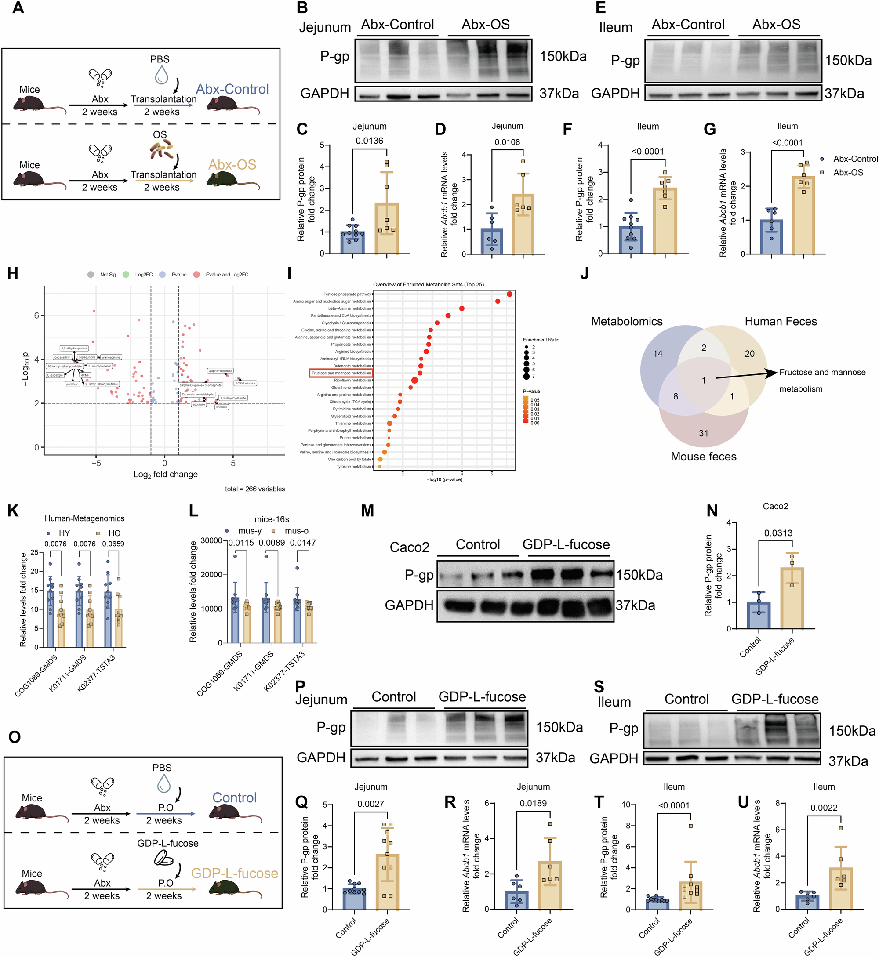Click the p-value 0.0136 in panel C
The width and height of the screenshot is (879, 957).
coord(369,141)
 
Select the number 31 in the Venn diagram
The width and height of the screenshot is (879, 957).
coord(704,433)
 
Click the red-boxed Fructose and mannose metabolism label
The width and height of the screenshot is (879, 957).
coord(341,373)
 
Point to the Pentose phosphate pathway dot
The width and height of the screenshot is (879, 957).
coord(509,294)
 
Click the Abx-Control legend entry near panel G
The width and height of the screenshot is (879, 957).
coord(855,159)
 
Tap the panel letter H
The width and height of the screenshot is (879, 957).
coord(13,274)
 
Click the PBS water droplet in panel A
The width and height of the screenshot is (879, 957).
coord(161,75)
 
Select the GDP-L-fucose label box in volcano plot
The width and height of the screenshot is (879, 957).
coord(245,383)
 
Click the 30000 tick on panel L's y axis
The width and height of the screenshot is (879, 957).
coord(212,540)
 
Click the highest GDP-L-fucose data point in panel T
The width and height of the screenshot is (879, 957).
coord(690,826)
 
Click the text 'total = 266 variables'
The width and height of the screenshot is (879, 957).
coord(254,489)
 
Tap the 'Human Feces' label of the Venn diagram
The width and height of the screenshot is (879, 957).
coord(781,321)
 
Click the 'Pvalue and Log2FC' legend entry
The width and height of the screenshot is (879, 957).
coord(226,274)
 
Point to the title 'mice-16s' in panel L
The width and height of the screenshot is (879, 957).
coord(272,519)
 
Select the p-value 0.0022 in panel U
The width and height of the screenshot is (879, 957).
coord(824,808)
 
